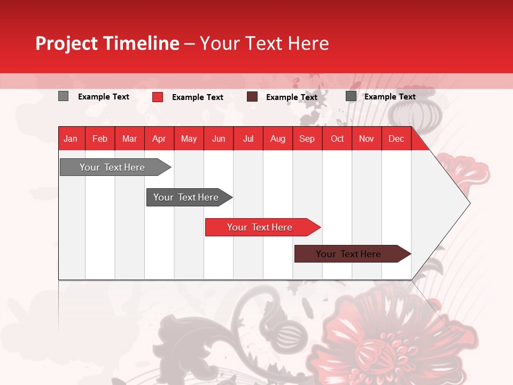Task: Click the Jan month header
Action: click(x=71, y=138)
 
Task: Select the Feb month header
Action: click(x=100, y=138)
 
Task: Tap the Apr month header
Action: click(x=159, y=138)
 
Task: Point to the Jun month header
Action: click(x=219, y=138)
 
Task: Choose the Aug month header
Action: click(x=277, y=138)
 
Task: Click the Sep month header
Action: click(x=307, y=138)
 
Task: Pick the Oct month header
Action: click(x=337, y=138)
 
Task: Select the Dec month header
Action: click(x=396, y=138)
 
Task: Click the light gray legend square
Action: click(x=63, y=96)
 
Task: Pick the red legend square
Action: click(x=158, y=97)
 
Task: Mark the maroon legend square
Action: click(x=252, y=97)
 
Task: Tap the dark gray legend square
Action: click(x=351, y=96)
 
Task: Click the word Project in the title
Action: click(x=66, y=44)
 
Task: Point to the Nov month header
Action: click(x=367, y=138)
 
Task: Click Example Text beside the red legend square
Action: click(x=197, y=97)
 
